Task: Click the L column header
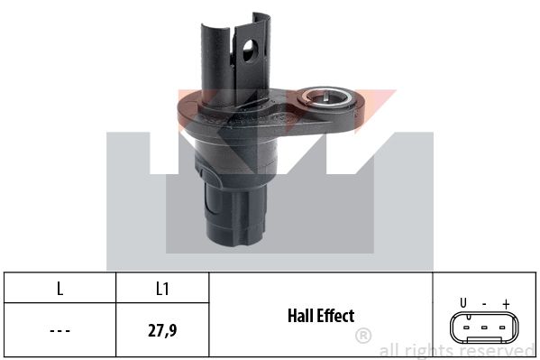tap(59, 289)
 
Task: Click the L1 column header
tap(162, 289)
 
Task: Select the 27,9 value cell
tap(162, 330)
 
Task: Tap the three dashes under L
tap(59, 331)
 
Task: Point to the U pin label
tap(463, 303)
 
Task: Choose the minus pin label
tap(484, 304)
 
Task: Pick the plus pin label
tap(506, 304)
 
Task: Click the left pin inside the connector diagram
tap(466, 328)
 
